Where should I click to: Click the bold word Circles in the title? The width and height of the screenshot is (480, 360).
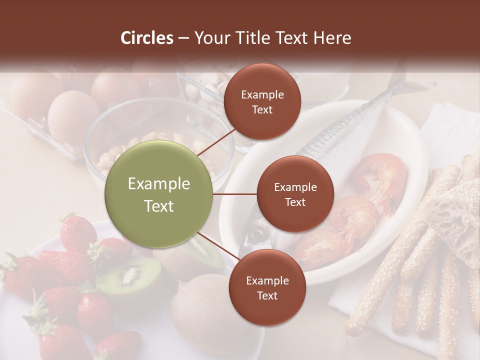tap(146, 38)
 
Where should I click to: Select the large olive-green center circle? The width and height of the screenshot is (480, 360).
tap(159, 194)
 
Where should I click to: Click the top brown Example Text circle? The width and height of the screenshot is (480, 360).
tap(262, 102)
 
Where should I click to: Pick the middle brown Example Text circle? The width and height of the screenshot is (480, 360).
tap(295, 194)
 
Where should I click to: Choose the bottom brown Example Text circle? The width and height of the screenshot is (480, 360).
tap(267, 287)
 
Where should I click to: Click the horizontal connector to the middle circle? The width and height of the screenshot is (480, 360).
tap(235, 194)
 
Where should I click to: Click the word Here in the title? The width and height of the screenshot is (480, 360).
tap(334, 38)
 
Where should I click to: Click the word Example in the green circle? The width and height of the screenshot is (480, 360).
tap(159, 184)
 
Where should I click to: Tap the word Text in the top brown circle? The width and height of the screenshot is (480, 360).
tap(262, 109)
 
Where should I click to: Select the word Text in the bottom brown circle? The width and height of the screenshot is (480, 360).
tap(267, 295)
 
